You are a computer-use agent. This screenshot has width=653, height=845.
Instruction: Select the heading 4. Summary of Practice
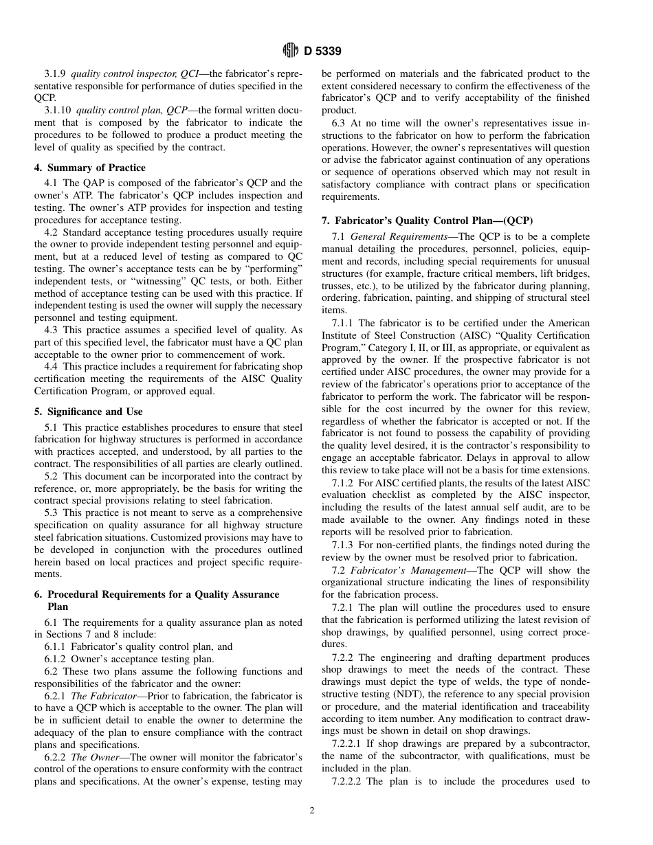[x=90, y=168]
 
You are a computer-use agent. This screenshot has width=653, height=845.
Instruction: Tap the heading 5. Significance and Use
[x=89, y=412]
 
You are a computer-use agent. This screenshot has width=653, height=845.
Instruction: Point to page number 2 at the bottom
[x=312, y=810]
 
